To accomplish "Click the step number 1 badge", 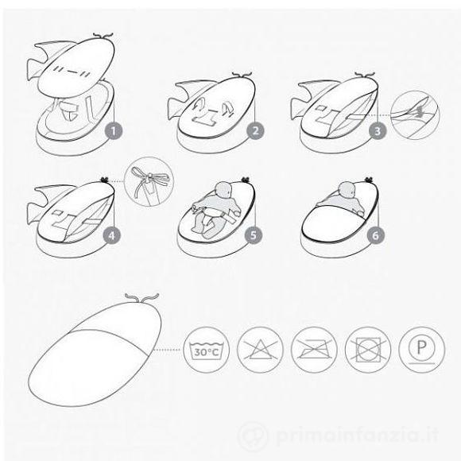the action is (114, 131).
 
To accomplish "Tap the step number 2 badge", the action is (255, 131).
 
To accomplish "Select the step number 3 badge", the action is (378, 131).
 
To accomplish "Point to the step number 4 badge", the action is (112, 235).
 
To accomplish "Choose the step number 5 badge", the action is (254, 235).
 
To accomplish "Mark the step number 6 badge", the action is (376, 235).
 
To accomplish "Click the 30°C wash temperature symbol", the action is (207, 350).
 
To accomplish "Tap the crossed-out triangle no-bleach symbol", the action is (260, 350).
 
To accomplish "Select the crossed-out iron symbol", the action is (314, 350).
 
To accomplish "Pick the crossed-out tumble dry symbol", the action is (368, 350).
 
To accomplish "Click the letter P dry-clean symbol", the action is (422, 350).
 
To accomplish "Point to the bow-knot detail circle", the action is (149, 182).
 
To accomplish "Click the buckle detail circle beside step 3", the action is (415, 115).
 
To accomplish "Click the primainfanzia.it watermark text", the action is (357, 435).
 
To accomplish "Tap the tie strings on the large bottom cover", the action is (142, 297).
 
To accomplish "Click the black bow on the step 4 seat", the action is (104, 179).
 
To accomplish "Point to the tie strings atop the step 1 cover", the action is (103, 36).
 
